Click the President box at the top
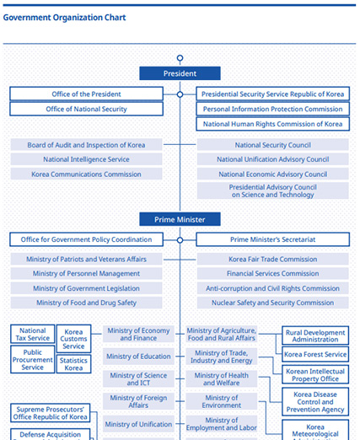coord(180,73)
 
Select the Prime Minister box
coord(180,219)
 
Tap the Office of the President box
coord(86,94)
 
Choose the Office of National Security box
coord(86,109)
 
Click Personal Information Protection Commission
coord(272,109)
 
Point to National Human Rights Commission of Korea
coord(272,124)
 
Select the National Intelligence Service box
coord(86,159)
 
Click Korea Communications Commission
coord(86,174)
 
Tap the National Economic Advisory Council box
coord(272,174)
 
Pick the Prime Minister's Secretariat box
coord(272,239)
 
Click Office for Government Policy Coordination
coord(86,239)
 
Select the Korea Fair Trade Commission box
coord(272,260)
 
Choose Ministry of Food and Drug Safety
coord(86,303)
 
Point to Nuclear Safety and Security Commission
coord(272,303)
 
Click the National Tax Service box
coord(32,335)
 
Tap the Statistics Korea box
coord(73,364)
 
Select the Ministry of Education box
coord(138,357)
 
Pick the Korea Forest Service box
coord(315,355)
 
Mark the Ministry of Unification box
coord(138,424)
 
